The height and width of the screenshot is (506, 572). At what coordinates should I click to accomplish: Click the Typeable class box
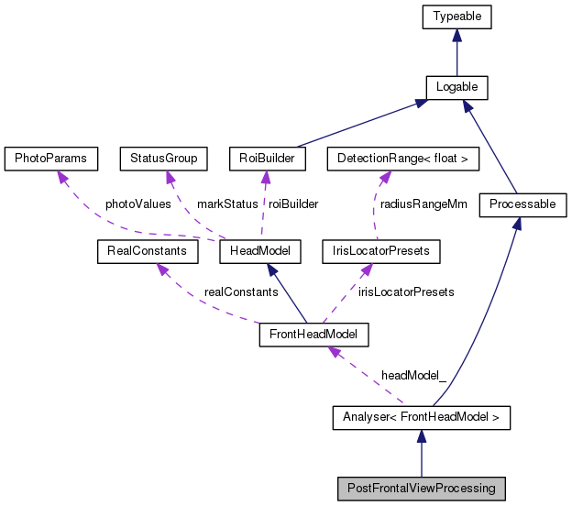point(456,16)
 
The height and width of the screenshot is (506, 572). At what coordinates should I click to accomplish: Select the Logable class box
point(456,87)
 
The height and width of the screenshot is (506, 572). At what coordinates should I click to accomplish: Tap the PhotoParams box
point(50,159)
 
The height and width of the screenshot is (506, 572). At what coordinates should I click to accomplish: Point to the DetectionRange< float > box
point(403,159)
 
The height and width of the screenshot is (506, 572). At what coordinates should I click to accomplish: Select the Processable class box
point(522,204)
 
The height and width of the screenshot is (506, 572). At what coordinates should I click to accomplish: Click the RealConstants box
point(142,250)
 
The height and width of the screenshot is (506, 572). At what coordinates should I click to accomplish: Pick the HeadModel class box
point(267,250)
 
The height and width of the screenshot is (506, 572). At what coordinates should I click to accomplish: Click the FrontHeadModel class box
point(313,335)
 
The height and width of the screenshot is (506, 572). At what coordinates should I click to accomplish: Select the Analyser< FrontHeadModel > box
point(421,419)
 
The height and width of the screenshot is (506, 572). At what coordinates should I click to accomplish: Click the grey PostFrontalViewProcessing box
point(421,489)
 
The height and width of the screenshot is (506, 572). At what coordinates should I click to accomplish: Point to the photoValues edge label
point(137,204)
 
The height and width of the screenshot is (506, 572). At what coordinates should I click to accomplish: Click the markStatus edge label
point(227,204)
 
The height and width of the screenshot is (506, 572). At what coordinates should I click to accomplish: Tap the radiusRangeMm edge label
point(424,204)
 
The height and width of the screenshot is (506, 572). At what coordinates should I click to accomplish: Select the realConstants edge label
point(241,291)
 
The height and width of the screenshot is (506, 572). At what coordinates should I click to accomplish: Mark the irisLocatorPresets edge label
point(406,291)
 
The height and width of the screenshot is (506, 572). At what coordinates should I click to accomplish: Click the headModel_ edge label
point(413,377)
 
